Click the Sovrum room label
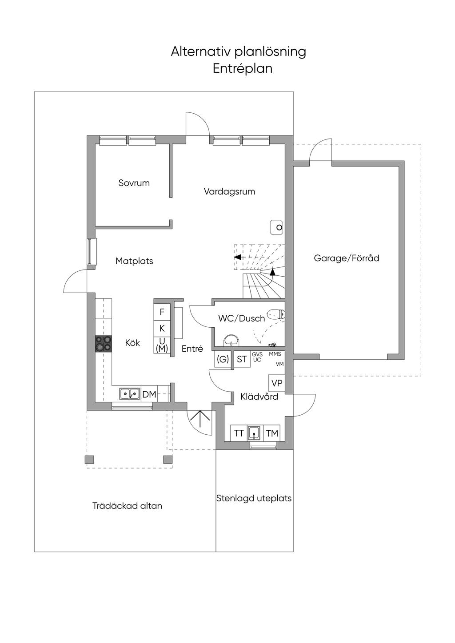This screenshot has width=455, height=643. tap(134, 183)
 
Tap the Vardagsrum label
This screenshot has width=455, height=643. tap(229, 191)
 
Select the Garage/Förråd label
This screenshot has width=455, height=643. tap(347, 258)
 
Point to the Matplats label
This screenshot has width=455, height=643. tap(134, 261)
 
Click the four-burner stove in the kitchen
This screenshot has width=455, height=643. tap(104, 343)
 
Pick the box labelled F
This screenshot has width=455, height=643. tap(162, 312)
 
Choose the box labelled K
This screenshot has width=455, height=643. tap(162, 329)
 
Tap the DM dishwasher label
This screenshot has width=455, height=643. tap(149, 394)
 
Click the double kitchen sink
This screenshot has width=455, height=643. tap(130, 393)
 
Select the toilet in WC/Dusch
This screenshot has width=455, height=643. tap(276, 314)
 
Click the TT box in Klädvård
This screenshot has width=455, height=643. tap(239, 433)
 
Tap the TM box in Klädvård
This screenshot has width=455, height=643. tap(272, 433)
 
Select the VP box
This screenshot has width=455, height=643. tap(277, 383)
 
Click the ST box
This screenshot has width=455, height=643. tap(242, 359)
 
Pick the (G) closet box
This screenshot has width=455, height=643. tap(223, 359)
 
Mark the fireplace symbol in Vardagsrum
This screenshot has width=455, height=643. tap(277, 227)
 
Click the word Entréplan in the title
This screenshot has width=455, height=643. tap(243, 69)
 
